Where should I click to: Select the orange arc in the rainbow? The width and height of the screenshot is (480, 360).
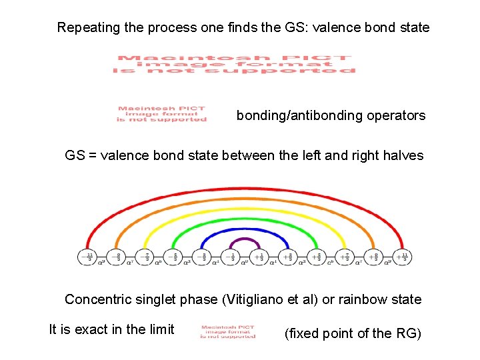coord(245,201)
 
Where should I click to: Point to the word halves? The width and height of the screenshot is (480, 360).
coord(403,155)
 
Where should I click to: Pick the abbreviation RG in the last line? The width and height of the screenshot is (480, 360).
coord(406,333)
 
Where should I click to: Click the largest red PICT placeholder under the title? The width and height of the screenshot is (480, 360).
coord(234,64)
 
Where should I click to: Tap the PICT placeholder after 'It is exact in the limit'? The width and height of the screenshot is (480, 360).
coord(227,331)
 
